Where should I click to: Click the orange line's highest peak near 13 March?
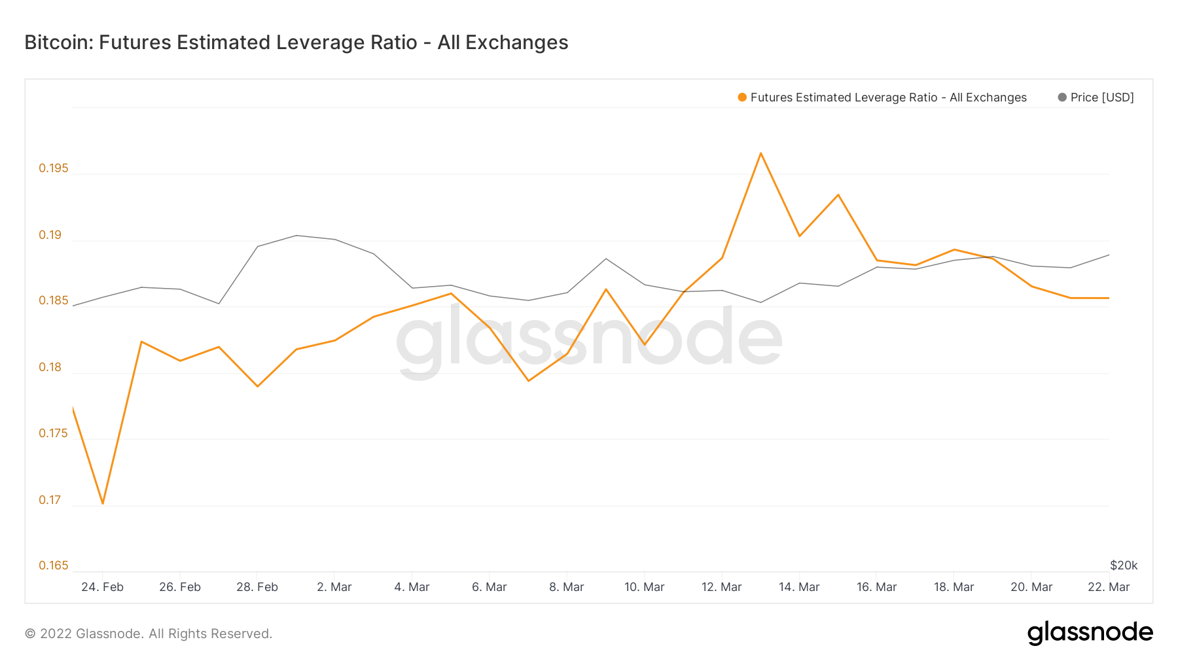[760, 153]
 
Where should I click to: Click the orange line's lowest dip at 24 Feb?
[103, 503]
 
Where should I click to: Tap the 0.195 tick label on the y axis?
[54, 168]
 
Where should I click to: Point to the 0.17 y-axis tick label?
[50, 500]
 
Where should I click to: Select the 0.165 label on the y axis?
[54, 565]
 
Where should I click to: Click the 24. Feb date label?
[102, 587]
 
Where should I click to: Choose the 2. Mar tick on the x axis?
[334, 587]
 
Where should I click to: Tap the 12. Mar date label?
[721, 587]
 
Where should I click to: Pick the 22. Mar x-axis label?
[1109, 587]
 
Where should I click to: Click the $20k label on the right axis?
[1124, 565]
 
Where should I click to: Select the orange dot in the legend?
[742, 98]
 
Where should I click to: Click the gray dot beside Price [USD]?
[1062, 98]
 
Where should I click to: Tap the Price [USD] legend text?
[1102, 98]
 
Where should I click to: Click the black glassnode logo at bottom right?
[1090, 633]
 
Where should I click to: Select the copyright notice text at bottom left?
[149, 634]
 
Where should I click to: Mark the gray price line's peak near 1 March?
[296, 236]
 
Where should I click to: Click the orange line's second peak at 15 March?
[838, 195]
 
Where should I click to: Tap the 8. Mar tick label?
[567, 587]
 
